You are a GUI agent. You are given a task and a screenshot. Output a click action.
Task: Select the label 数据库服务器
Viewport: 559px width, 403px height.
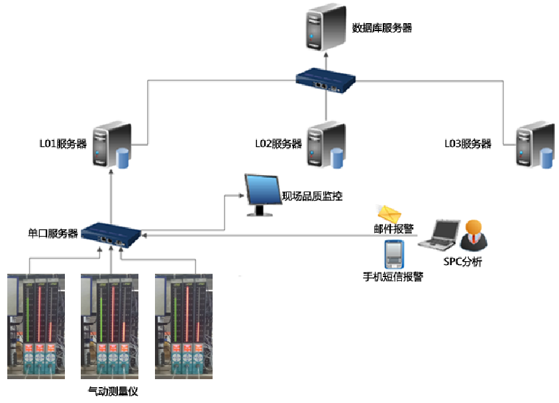[x=382, y=28]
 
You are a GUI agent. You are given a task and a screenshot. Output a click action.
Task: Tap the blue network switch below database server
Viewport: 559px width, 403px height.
[x=326, y=80]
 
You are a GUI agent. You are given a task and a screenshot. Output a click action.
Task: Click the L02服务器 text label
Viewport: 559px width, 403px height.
[x=278, y=144]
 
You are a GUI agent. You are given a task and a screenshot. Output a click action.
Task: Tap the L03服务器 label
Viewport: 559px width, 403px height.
[x=468, y=144]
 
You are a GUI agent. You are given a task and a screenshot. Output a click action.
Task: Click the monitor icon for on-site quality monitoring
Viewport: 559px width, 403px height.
[x=262, y=194]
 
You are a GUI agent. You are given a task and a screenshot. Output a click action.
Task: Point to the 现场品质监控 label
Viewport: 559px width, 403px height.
[x=312, y=196]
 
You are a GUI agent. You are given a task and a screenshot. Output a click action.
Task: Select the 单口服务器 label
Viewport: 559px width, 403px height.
[x=53, y=233]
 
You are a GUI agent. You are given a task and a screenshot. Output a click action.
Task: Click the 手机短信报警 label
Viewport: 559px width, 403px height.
[x=393, y=277]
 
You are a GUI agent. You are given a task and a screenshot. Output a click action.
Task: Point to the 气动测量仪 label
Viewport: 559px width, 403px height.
[x=113, y=391]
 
